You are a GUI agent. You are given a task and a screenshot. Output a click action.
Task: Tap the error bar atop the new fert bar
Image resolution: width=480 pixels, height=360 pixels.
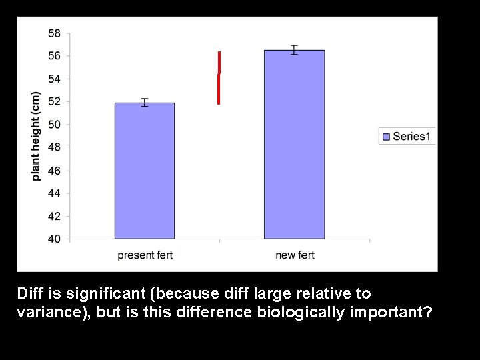pyautogui.click(x=294, y=50)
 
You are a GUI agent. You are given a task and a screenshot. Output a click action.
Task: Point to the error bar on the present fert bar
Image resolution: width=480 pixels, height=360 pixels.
pyautogui.click(x=145, y=102)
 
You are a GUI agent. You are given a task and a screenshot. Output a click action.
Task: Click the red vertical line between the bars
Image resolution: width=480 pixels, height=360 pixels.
pyautogui.click(x=219, y=78)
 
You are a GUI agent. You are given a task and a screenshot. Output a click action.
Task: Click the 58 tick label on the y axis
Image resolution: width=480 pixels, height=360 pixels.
pyautogui.click(x=55, y=33)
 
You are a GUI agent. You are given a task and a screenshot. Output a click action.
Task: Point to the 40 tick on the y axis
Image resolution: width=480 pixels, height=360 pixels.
pyautogui.click(x=55, y=239)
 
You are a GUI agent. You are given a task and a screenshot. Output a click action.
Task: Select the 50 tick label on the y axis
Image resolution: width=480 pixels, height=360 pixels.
pyautogui.click(x=55, y=125)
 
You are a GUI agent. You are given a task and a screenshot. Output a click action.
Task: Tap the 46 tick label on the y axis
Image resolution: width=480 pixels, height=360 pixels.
pyautogui.click(x=55, y=170)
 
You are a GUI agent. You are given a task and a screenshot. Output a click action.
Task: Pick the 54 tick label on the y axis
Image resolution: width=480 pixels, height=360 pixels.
pyautogui.click(x=55, y=79)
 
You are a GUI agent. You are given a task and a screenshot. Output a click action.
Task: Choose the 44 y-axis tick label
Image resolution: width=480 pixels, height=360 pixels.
pyautogui.click(x=55, y=193)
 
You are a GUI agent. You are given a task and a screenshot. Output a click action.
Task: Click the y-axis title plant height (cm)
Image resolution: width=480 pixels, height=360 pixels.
pyautogui.click(x=36, y=136)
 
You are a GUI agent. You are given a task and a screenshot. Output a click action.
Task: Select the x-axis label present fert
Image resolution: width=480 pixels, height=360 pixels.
pyautogui.click(x=145, y=255)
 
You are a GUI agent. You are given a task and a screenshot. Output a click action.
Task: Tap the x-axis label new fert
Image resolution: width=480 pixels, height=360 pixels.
pyautogui.click(x=295, y=255)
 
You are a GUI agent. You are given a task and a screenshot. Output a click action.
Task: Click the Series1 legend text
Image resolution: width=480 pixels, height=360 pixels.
pyautogui.click(x=413, y=137)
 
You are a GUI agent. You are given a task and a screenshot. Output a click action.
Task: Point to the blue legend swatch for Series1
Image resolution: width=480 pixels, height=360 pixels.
pyautogui.click(x=386, y=137)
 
